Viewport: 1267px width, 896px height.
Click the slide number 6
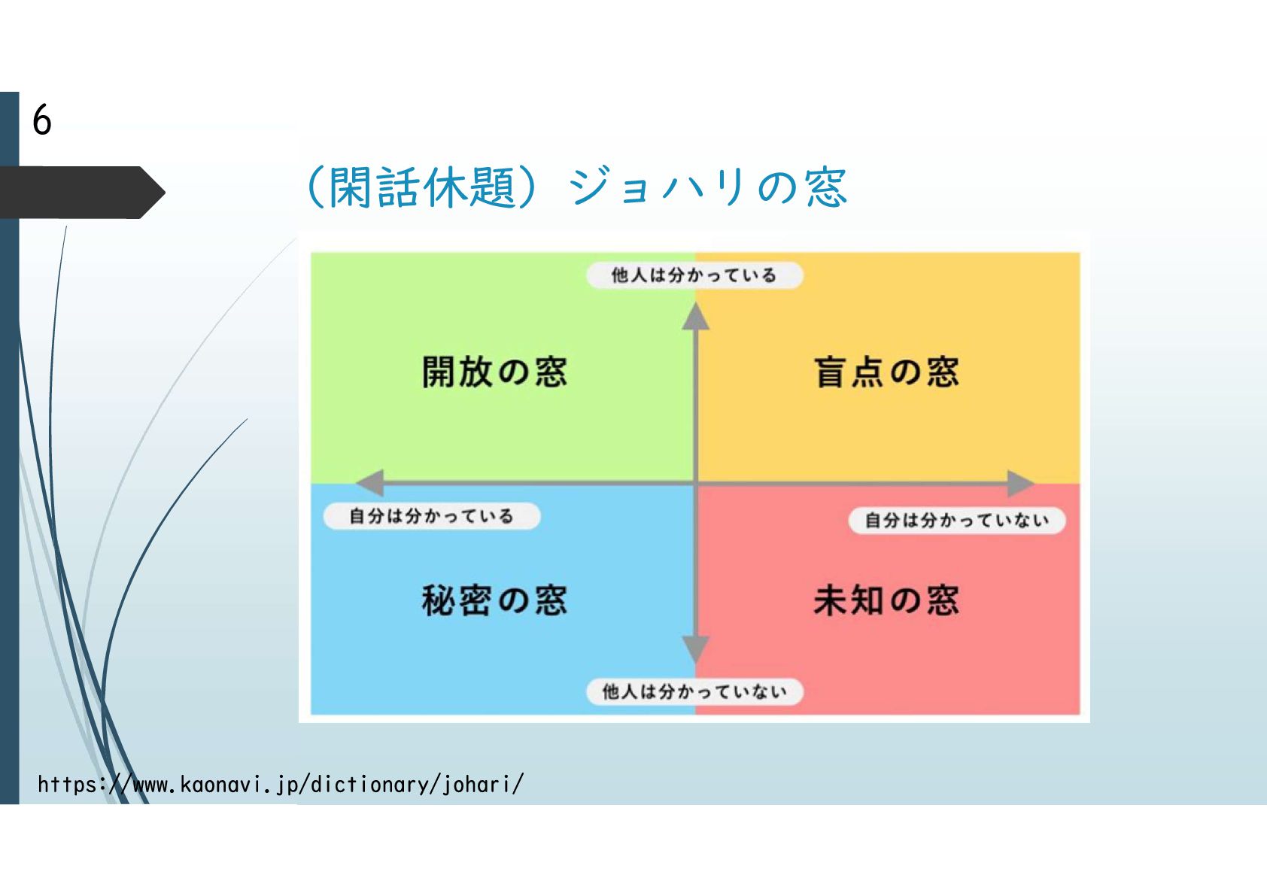[x=42, y=120]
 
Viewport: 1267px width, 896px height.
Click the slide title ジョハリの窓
[x=707, y=187]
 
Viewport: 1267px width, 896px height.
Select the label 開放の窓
[x=494, y=372]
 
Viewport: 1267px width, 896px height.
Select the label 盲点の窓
[x=886, y=372]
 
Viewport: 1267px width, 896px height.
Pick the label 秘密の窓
[x=494, y=600]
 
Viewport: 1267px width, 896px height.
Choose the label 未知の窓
[x=886, y=600]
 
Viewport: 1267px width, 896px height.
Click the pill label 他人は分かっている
[x=694, y=275]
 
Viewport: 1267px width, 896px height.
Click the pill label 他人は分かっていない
[x=694, y=691]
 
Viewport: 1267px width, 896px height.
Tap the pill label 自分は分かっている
[x=431, y=516]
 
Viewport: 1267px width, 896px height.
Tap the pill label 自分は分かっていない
[x=956, y=520]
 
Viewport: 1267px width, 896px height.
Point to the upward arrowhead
[x=696, y=317]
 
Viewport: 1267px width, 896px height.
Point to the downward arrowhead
[x=696, y=648]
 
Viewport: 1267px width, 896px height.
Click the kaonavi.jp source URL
[x=280, y=785]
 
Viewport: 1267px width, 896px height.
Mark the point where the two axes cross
[x=696, y=483]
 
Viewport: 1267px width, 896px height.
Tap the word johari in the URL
[x=479, y=785]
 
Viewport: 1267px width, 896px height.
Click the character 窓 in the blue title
[x=825, y=187]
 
